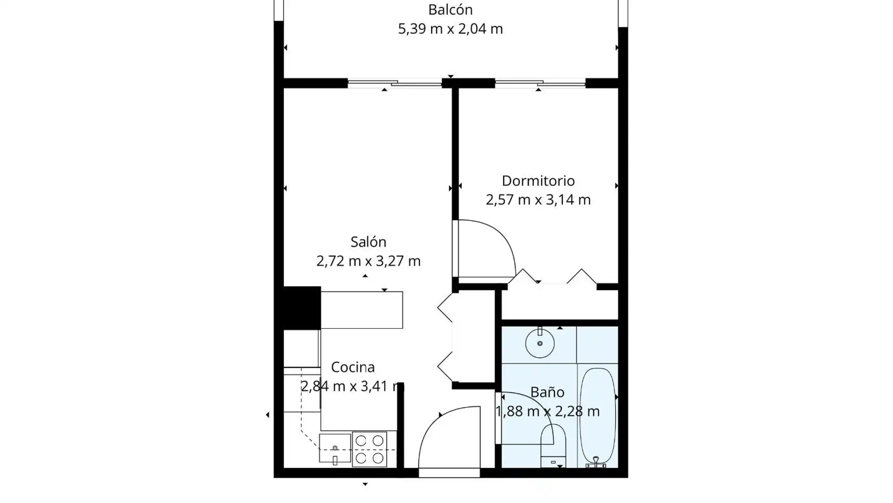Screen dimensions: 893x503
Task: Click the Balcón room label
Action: click(x=450, y=9)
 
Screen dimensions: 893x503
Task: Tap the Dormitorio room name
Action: click(x=538, y=180)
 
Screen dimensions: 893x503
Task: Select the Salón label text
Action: click(x=368, y=242)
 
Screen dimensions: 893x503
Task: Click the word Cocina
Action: click(x=353, y=367)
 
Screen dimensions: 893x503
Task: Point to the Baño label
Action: click(x=547, y=392)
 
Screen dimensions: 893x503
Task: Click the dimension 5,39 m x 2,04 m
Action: click(x=450, y=29)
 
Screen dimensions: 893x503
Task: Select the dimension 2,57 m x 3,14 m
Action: click(x=538, y=200)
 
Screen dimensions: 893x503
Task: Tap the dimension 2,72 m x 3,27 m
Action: click(x=368, y=261)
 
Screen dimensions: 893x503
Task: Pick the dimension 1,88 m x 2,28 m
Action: click(x=547, y=411)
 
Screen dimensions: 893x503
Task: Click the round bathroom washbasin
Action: click(x=540, y=343)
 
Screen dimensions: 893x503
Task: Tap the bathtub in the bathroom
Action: click(x=597, y=416)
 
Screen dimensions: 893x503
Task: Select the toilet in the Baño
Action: click(x=553, y=446)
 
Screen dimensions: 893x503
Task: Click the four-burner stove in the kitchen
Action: click(x=370, y=449)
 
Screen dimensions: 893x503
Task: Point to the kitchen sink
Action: click(x=335, y=448)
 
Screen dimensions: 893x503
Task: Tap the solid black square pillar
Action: click(x=302, y=308)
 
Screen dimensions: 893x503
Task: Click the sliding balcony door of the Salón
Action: click(x=394, y=83)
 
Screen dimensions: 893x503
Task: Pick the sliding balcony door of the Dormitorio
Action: click(x=540, y=83)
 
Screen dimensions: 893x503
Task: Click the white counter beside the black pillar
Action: click(x=361, y=310)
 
